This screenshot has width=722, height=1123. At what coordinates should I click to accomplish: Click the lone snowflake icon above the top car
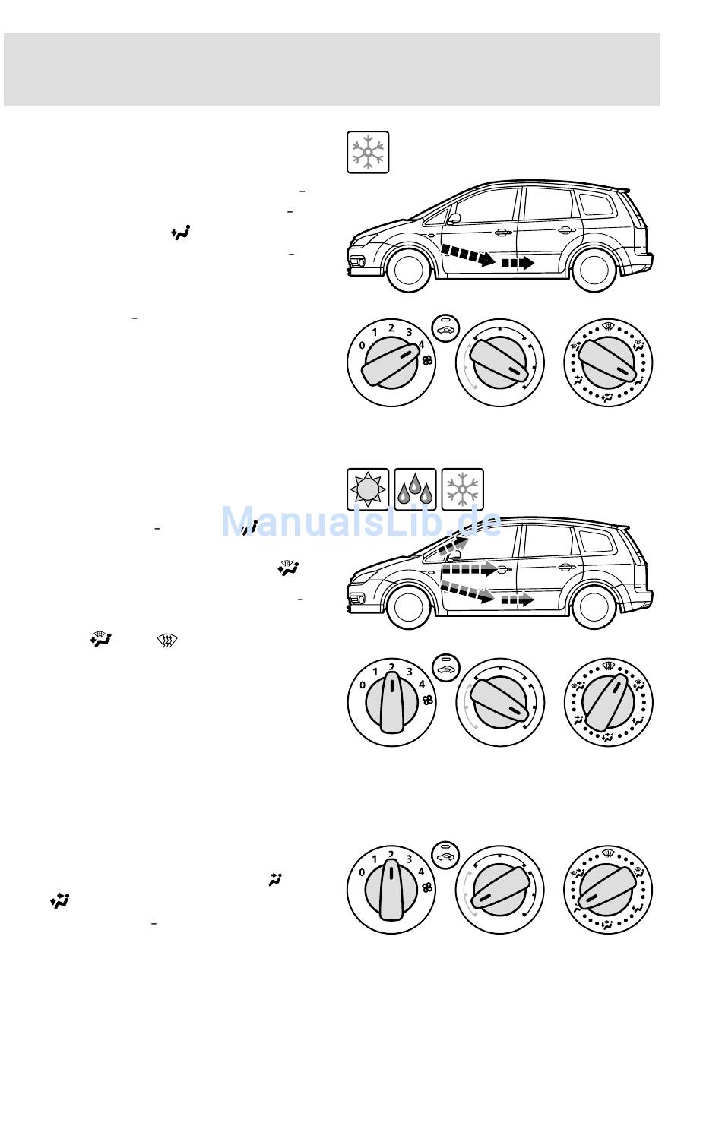tap(368, 152)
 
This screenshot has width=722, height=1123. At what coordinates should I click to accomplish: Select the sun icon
tap(368, 489)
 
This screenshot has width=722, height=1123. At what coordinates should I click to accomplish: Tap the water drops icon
tap(415, 489)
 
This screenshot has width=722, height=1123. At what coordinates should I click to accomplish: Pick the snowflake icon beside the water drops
tap(462, 489)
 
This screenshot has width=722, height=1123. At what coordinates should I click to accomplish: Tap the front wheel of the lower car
tap(409, 606)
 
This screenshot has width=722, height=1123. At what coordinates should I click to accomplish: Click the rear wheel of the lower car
tap(594, 606)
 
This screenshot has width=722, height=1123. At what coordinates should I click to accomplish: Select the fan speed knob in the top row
tap(391, 362)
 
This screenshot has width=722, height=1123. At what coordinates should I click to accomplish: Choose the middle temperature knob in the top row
tap(500, 362)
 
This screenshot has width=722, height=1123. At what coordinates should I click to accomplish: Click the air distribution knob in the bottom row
tap(608, 890)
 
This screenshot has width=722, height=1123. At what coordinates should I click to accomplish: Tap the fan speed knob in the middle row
tap(391, 702)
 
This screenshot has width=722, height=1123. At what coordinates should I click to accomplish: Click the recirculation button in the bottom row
tap(445, 854)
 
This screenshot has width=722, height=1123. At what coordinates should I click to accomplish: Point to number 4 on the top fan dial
tap(421, 344)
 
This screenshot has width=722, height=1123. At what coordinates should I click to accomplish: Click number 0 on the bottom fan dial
tap(363, 872)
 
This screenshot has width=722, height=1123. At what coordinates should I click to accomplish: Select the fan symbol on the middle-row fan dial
tap(428, 701)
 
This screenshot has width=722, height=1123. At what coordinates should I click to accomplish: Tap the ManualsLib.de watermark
tap(362, 522)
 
